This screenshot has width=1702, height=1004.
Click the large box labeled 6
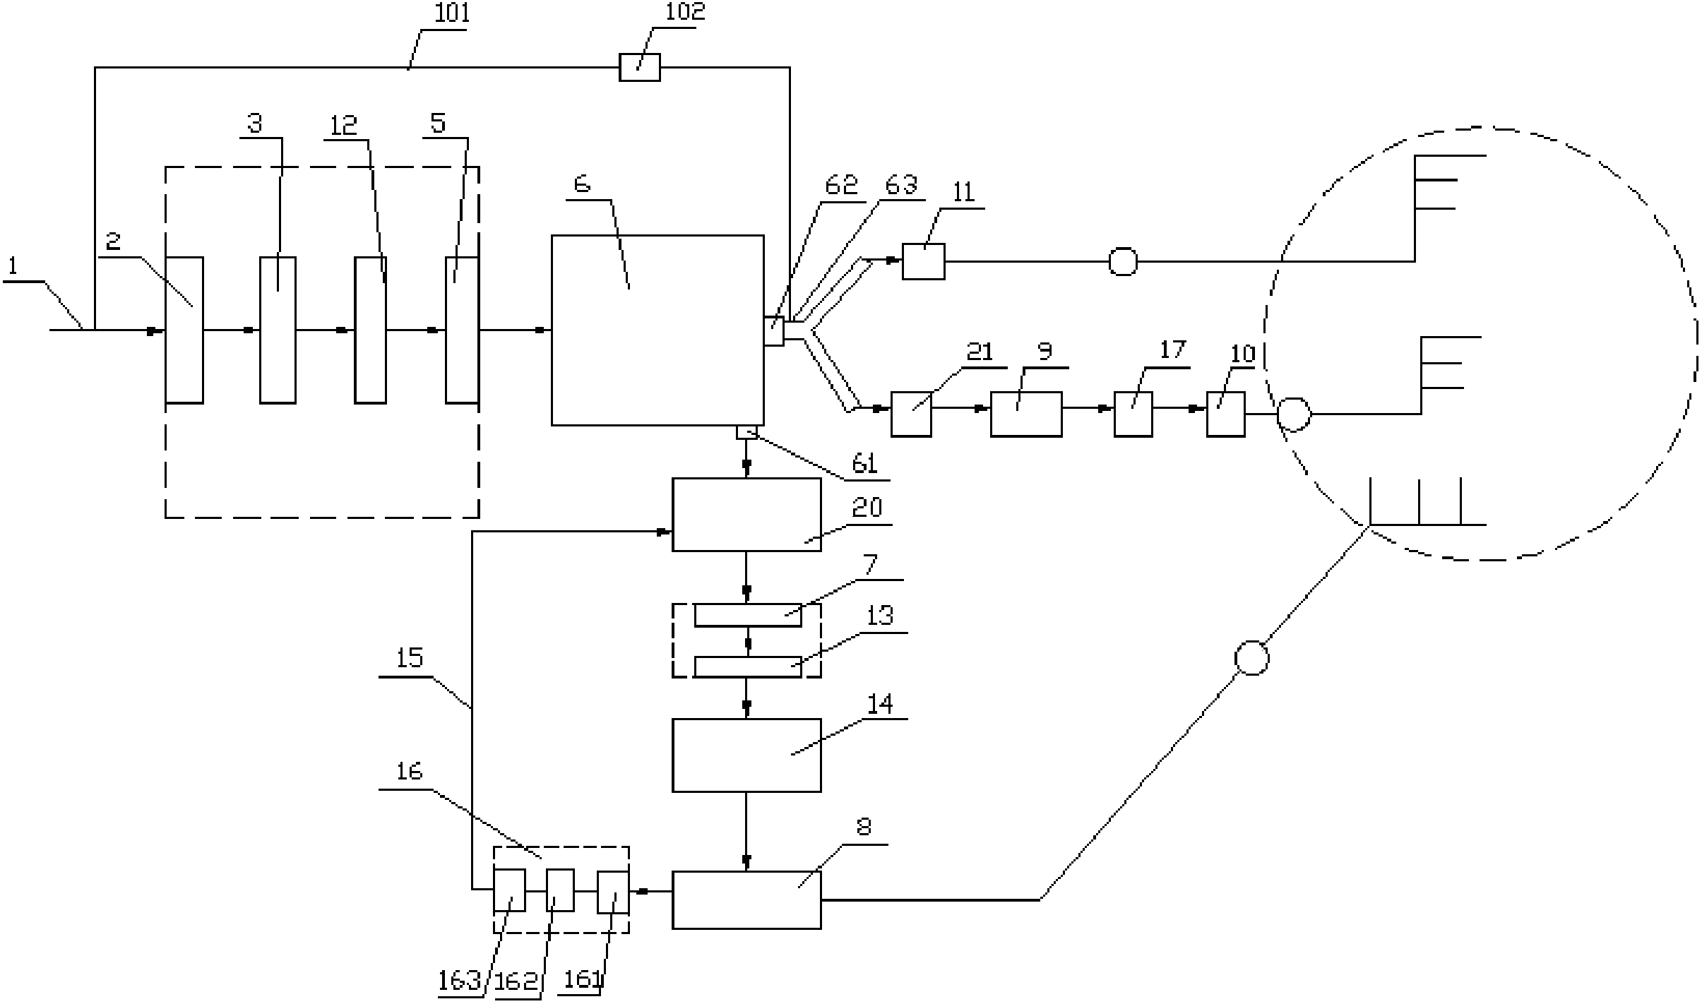[x=657, y=330]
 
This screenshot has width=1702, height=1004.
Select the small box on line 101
[x=639, y=67]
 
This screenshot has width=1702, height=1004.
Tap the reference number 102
[x=685, y=12]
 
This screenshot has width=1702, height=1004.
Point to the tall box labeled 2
[x=184, y=330]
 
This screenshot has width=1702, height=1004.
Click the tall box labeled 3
[x=278, y=330]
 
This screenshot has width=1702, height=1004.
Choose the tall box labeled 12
[x=370, y=330]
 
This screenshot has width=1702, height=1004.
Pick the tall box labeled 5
[x=462, y=330]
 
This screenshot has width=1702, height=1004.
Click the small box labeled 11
[x=923, y=261]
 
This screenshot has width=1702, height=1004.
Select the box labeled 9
[x=1025, y=414]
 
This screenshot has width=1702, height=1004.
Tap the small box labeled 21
[x=910, y=414]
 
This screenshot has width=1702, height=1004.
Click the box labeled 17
[x=1133, y=414]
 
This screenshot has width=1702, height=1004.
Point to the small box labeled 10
[x=1225, y=414]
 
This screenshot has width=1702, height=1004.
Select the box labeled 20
[x=746, y=514]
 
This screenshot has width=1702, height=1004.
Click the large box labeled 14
[x=746, y=755]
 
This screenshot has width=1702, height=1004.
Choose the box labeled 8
[x=746, y=900]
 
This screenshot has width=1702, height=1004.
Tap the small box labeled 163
[x=508, y=890]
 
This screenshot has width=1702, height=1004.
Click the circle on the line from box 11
[x=1122, y=261]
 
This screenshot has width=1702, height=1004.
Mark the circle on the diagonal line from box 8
[x=1251, y=658]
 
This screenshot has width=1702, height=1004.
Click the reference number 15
[x=410, y=659]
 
